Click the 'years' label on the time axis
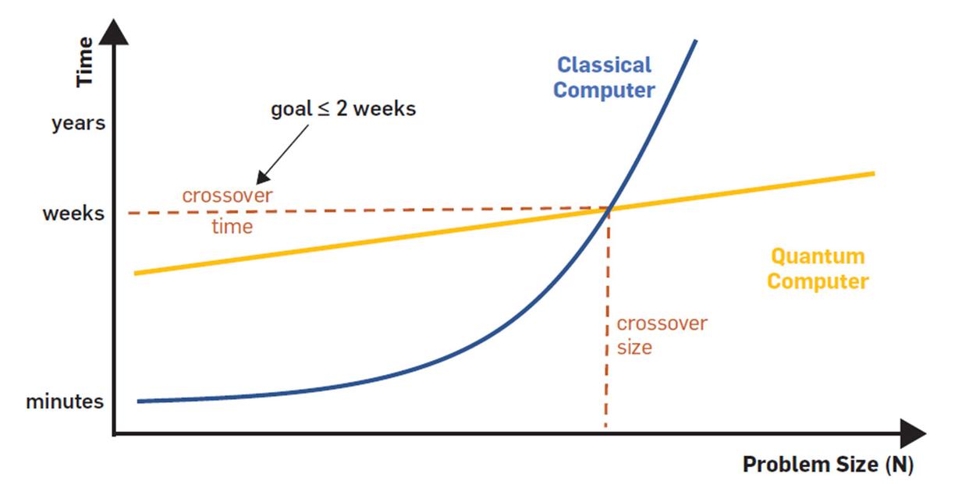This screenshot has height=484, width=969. (78, 123)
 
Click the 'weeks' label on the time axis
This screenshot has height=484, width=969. (73, 213)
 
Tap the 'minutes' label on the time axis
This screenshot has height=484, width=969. (65, 402)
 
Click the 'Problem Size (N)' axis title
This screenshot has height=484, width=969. (827, 465)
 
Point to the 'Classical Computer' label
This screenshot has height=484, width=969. (604, 77)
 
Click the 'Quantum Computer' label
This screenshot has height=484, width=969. (817, 268)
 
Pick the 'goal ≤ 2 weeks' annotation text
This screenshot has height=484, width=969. (343, 109)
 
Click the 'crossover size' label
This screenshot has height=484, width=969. (662, 335)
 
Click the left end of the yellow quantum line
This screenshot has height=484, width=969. (137, 273)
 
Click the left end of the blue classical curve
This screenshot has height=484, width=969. (140, 401)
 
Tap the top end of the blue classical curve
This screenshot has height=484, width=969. (694, 41)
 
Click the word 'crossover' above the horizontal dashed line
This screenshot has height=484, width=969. (227, 195)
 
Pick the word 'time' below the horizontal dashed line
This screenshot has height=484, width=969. (232, 227)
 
